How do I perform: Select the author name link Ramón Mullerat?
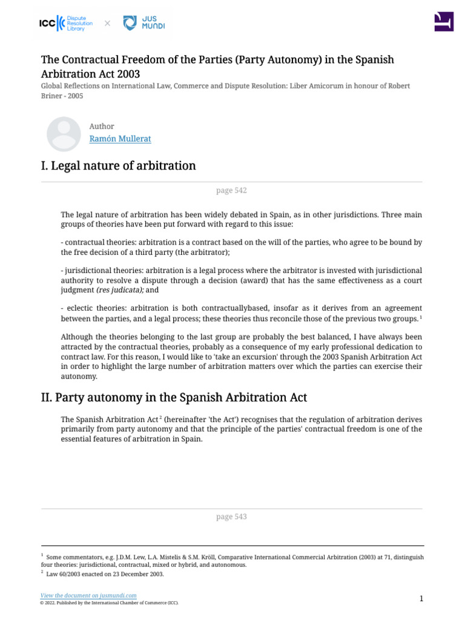point(120,139)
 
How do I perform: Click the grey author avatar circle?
point(64,134)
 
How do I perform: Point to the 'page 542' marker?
point(231,191)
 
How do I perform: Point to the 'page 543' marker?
point(231,517)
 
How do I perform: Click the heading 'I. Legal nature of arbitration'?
point(118,165)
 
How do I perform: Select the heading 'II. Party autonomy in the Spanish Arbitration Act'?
point(174,398)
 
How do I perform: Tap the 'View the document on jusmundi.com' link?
point(88,596)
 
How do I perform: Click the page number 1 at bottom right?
point(421,599)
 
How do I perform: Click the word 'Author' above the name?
point(101,126)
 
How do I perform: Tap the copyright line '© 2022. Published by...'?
point(109,603)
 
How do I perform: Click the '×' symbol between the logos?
point(107,24)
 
